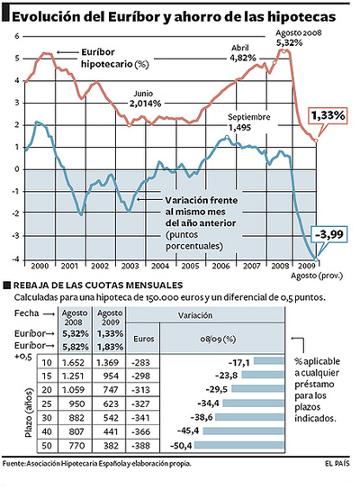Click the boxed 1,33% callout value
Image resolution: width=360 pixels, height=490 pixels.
327,115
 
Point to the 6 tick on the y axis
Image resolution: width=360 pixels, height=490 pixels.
14,36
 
